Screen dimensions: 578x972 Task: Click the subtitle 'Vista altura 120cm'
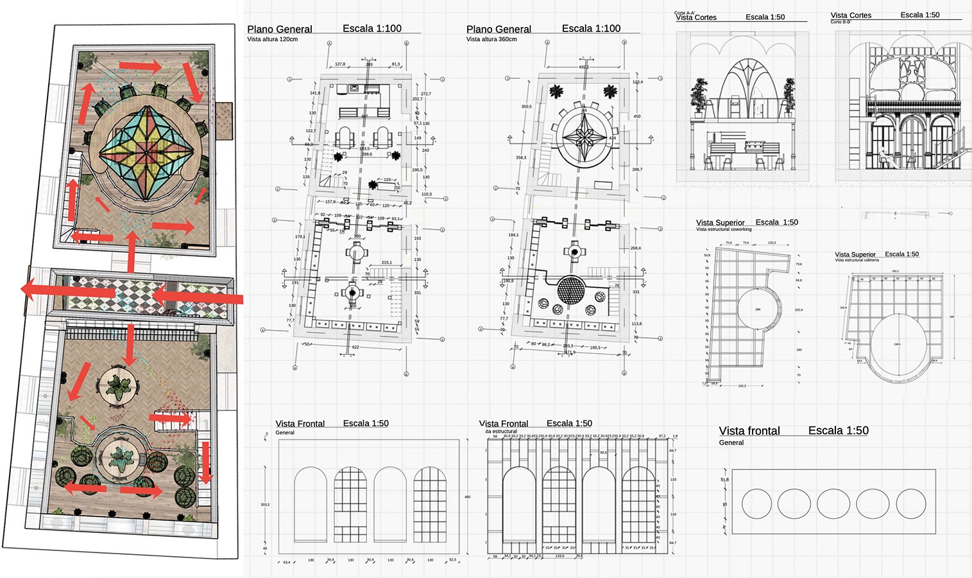tap(272, 39)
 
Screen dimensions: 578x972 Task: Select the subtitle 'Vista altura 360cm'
tap(491, 39)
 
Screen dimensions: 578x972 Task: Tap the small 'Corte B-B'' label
tap(840, 22)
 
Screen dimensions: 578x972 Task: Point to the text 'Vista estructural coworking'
tap(724, 229)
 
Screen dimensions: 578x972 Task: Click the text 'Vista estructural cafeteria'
tap(857, 260)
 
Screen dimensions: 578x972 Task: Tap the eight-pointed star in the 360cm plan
tap(585, 137)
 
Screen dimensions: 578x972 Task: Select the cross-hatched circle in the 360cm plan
tap(571, 290)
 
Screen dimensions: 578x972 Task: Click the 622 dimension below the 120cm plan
tap(355, 347)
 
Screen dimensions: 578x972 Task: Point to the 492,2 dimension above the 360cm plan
tap(584, 67)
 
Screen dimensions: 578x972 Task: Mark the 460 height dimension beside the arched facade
tap(467, 497)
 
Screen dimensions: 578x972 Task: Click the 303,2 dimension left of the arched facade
tap(265, 505)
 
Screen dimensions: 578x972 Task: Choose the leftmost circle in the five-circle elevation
tap(756, 504)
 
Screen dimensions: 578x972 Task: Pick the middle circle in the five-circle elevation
tap(833, 504)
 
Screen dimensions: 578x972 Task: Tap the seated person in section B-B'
tap(883, 158)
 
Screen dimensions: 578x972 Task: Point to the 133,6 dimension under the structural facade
tap(559, 556)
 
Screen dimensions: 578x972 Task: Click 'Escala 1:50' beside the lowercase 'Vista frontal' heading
tap(838, 431)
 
